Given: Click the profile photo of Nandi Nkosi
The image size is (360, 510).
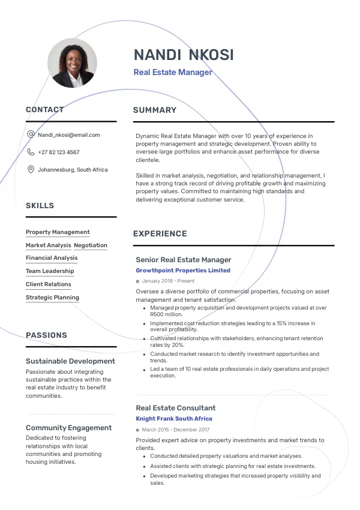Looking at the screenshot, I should tap(72, 63).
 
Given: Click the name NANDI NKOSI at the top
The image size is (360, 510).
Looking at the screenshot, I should tap(184, 55).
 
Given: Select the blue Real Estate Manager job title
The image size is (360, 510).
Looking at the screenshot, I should tap(173, 73).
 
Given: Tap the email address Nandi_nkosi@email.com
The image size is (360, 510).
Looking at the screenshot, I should tap(68, 135).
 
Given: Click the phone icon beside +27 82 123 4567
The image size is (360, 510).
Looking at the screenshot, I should tap(31, 152).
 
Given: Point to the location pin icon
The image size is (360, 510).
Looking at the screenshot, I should tap(31, 170).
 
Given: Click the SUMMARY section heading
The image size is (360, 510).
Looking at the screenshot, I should tap(155, 110).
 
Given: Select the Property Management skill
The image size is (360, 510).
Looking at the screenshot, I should tap(58, 232).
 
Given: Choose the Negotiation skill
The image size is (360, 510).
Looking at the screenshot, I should tap(91, 245).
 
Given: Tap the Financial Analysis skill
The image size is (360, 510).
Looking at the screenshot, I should tap(52, 258).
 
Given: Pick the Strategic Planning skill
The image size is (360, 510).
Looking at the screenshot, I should tap(52, 298).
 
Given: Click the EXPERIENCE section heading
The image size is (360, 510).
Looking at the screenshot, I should tap(160, 233).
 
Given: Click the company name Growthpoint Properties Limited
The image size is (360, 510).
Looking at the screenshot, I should tap(183, 271).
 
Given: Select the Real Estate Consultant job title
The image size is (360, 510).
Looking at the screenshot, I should tap(176, 408).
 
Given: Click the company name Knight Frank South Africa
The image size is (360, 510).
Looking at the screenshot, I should tap(174, 419).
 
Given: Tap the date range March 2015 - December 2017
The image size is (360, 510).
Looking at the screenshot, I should tap(175, 430).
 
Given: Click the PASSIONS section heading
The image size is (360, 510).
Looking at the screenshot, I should tap(46, 335).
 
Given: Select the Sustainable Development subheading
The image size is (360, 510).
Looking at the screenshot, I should tap(70, 361).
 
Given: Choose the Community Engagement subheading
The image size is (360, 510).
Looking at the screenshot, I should tap(68, 428).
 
